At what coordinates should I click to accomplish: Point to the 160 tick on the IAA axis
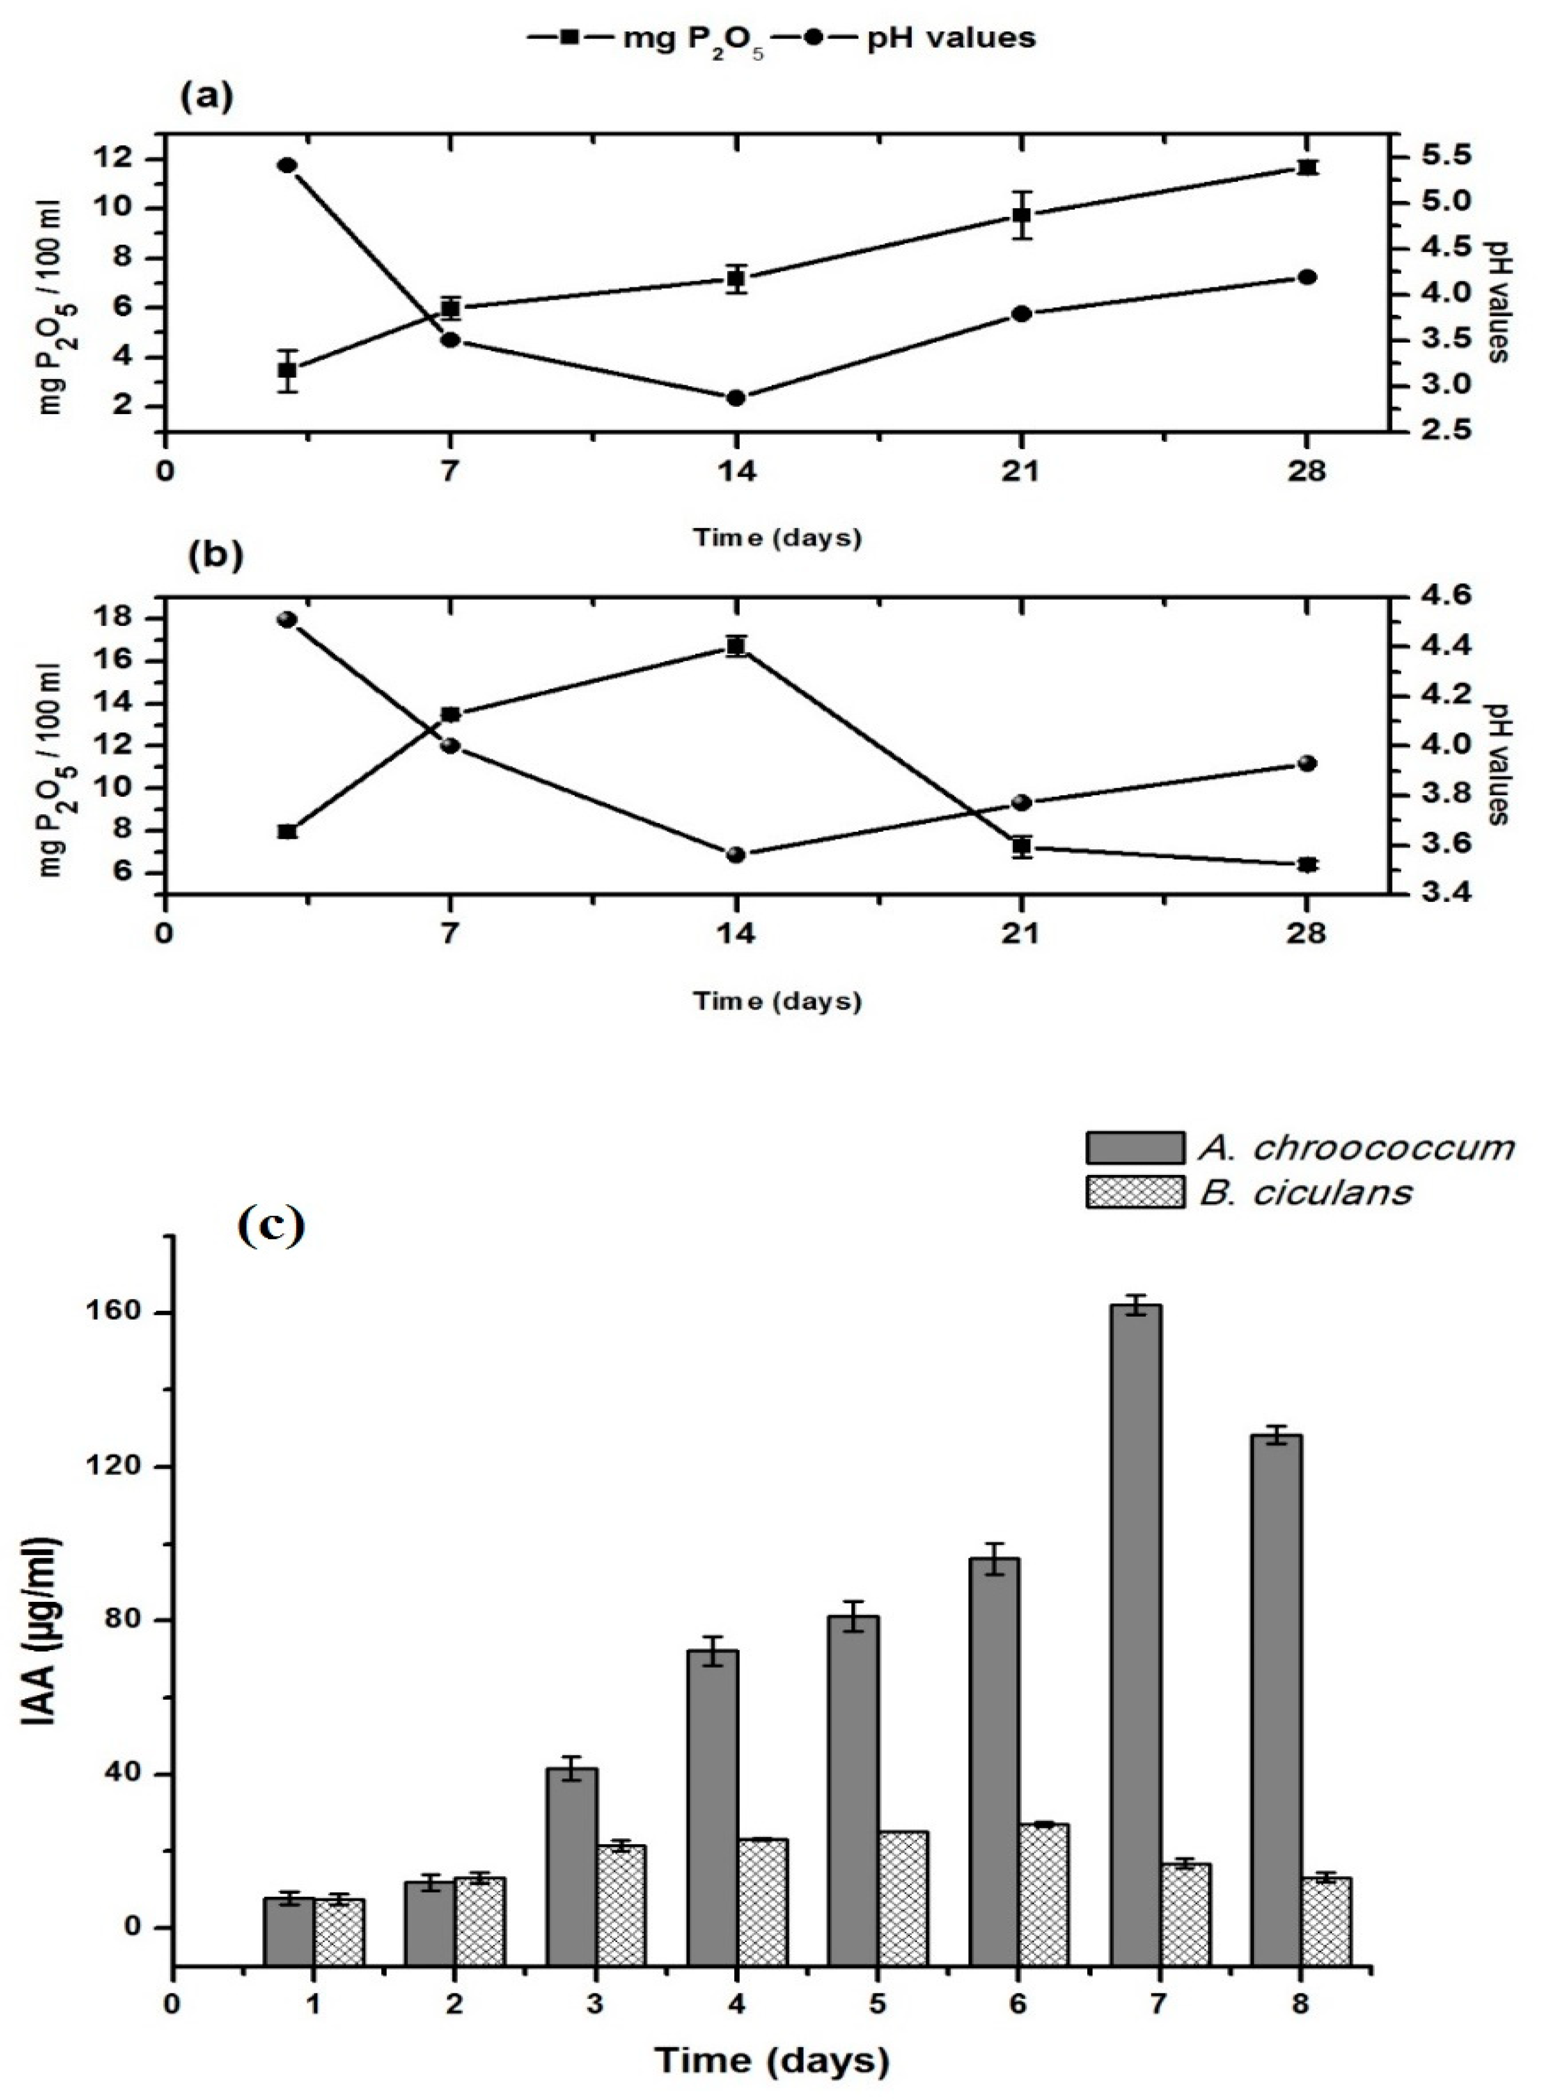[129, 1312]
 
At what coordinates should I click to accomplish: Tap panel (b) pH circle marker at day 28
[1307, 764]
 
